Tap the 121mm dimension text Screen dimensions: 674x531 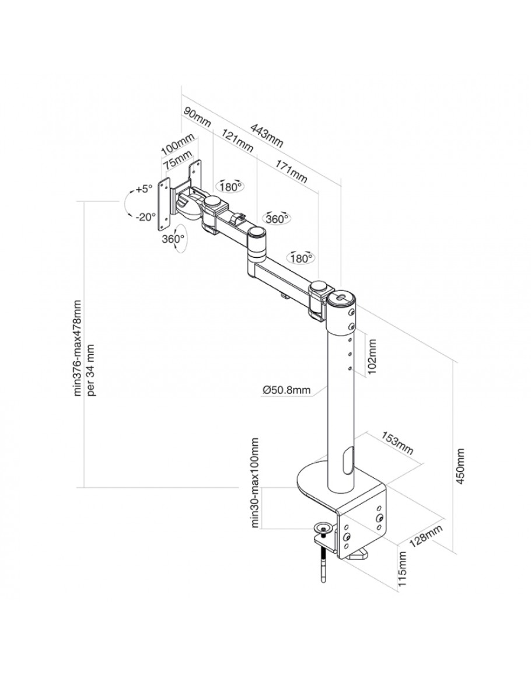237,141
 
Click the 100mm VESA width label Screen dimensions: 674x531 177,142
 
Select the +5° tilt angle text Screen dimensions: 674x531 142,189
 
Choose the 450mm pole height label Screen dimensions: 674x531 460,467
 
